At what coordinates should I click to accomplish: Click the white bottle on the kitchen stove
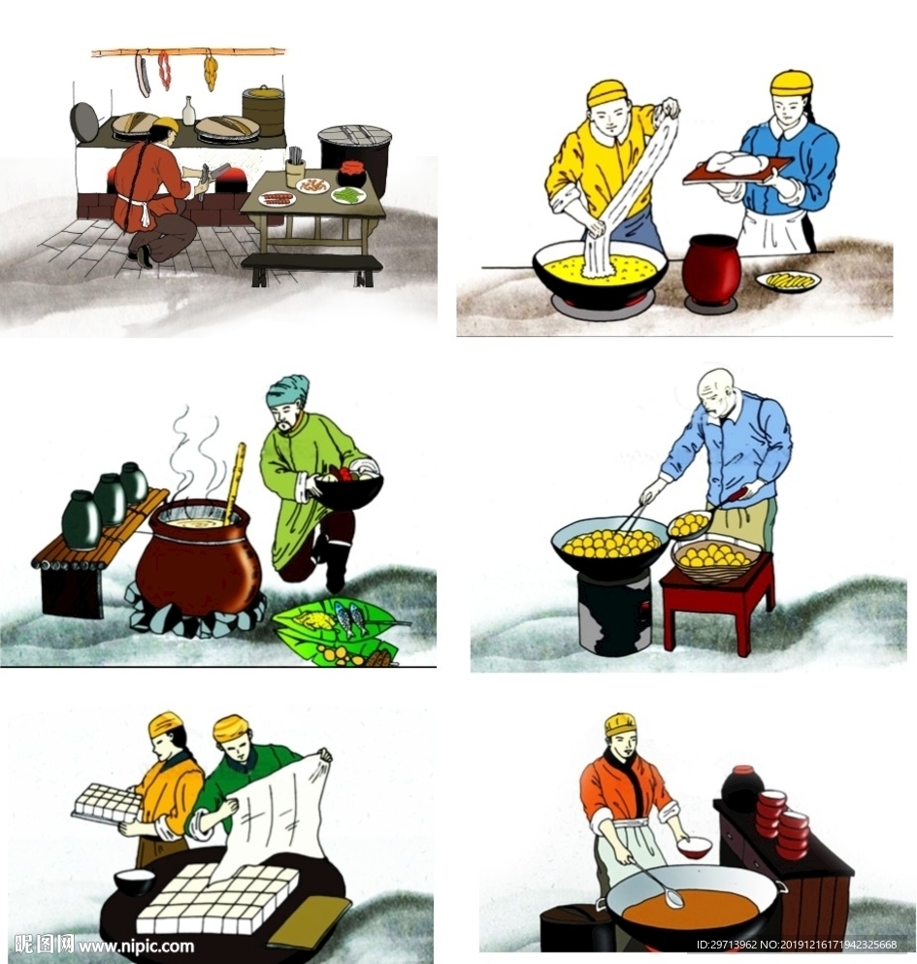188,112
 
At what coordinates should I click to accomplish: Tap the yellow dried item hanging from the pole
211,73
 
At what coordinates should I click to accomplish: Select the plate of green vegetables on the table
348,195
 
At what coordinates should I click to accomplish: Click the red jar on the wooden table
352,174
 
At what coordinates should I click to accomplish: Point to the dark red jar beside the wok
712,269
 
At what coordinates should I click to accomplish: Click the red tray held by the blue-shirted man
737,169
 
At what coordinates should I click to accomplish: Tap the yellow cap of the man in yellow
607,93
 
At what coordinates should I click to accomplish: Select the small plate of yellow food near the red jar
789,282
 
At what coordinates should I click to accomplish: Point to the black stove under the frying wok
614,610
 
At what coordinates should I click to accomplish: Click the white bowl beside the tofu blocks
135,881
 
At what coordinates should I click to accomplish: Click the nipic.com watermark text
136,944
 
